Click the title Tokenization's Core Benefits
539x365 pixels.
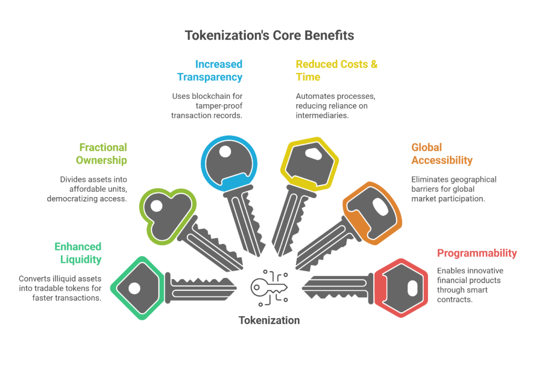pyautogui.click(x=269, y=36)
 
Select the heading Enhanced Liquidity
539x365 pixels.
pyautogui.click(x=78, y=253)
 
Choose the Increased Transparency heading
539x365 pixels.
pyautogui.click(x=210, y=70)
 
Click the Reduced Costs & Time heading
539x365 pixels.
pyautogui.click(x=336, y=70)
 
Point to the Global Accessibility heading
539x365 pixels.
pyautogui.click(x=442, y=154)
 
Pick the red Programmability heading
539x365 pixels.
pyautogui.click(x=477, y=253)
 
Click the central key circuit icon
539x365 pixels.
pyautogui.click(x=269, y=287)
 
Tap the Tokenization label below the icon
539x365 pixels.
pyautogui.click(x=269, y=320)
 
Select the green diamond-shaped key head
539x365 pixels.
pyautogui.click(x=135, y=288)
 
